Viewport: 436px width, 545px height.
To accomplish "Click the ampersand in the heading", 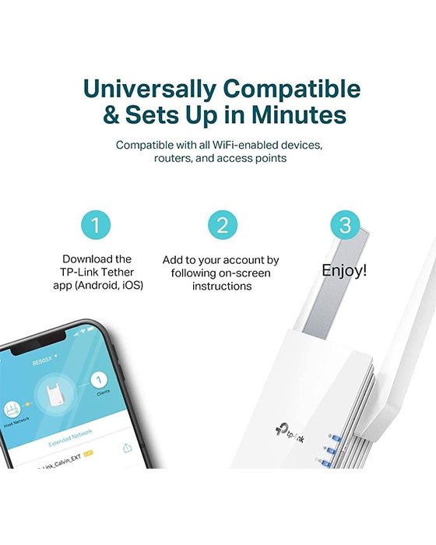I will coord(115,115).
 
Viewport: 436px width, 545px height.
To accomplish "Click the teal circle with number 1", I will coord(97,226).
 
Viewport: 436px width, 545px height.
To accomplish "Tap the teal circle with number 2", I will coord(222,226).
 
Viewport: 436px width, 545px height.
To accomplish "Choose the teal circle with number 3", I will coord(345,226).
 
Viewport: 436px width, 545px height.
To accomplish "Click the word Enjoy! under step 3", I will coord(344,270).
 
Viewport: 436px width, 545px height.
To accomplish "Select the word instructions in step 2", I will coord(221,287).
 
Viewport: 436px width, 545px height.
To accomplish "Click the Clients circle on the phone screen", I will coord(97,380).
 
